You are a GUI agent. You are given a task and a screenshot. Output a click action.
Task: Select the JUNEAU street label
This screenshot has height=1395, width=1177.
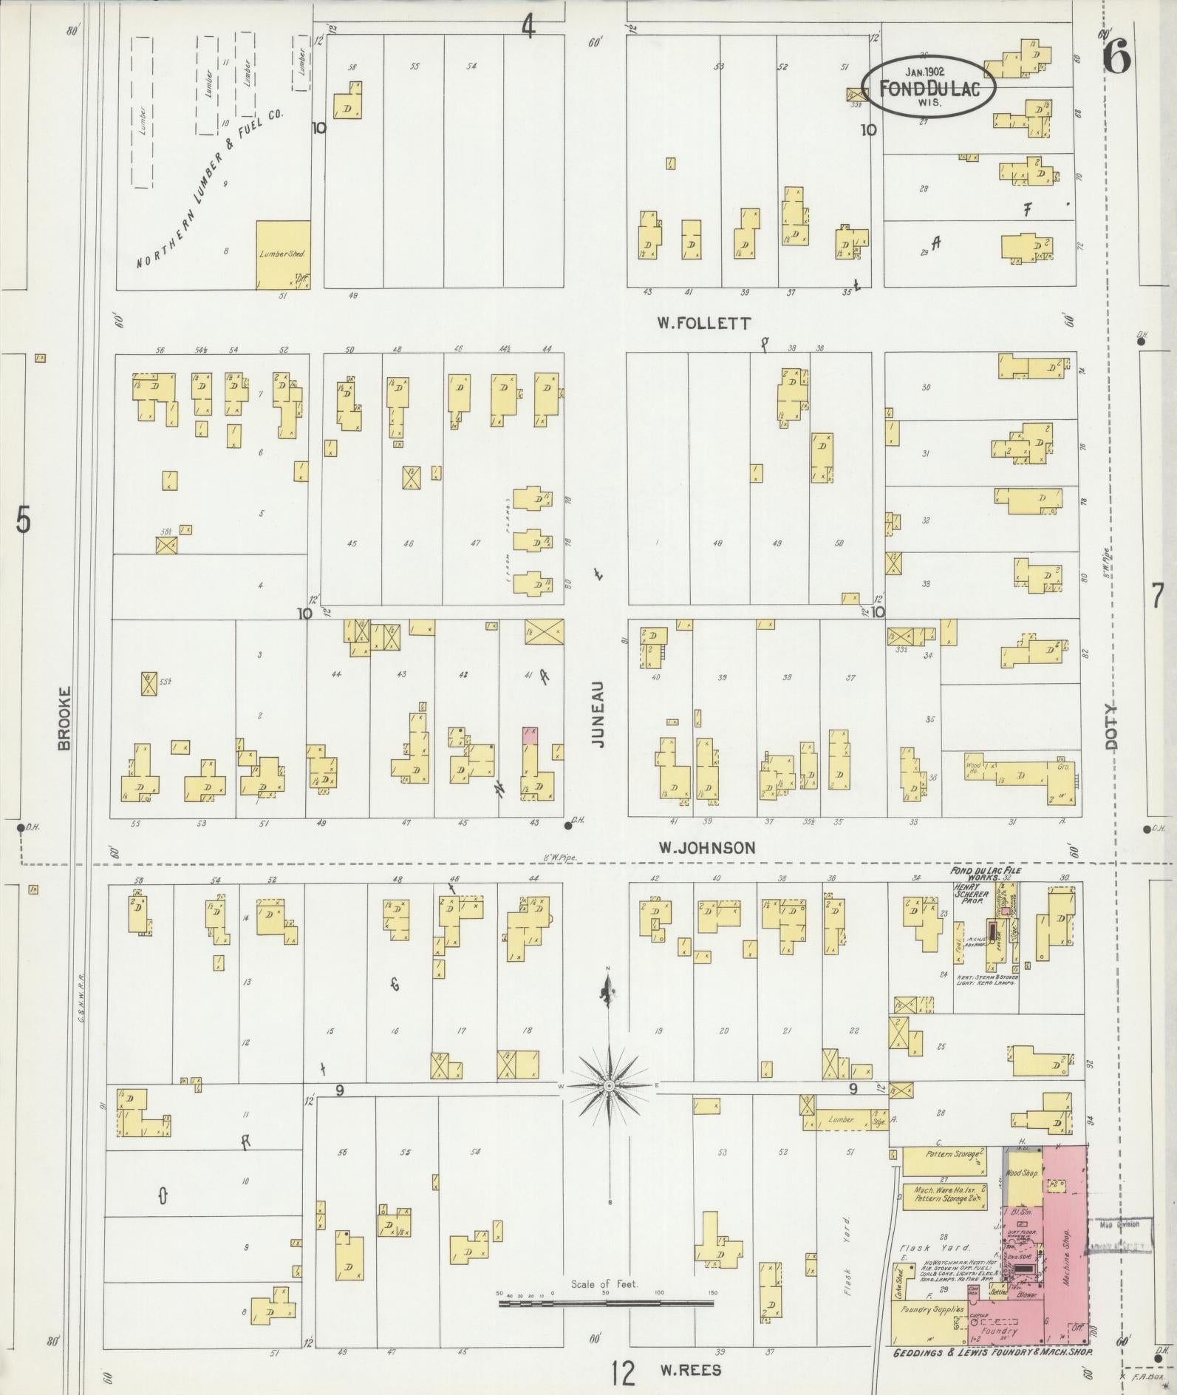pyautogui.click(x=598, y=714)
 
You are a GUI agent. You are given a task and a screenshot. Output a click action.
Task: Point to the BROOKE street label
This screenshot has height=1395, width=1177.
pyautogui.click(x=64, y=718)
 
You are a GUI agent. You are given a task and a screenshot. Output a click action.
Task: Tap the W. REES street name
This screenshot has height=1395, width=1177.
pyautogui.click(x=690, y=1370)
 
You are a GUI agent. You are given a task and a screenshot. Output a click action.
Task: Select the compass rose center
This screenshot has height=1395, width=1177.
pyautogui.click(x=609, y=1085)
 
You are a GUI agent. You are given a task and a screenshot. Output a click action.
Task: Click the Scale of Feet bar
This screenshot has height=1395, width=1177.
pyautogui.click(x=606, y=1304)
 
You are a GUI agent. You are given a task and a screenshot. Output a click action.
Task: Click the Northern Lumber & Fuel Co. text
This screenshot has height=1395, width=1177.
pyautogui.click(x=211, y=190)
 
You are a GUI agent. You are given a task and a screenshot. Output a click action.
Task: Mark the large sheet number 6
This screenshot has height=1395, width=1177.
pyautogui.click(x=1116, y=57)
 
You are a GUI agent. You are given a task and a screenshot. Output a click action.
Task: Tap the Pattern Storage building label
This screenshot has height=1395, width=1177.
pyautogui.click(x=952, y=1153)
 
